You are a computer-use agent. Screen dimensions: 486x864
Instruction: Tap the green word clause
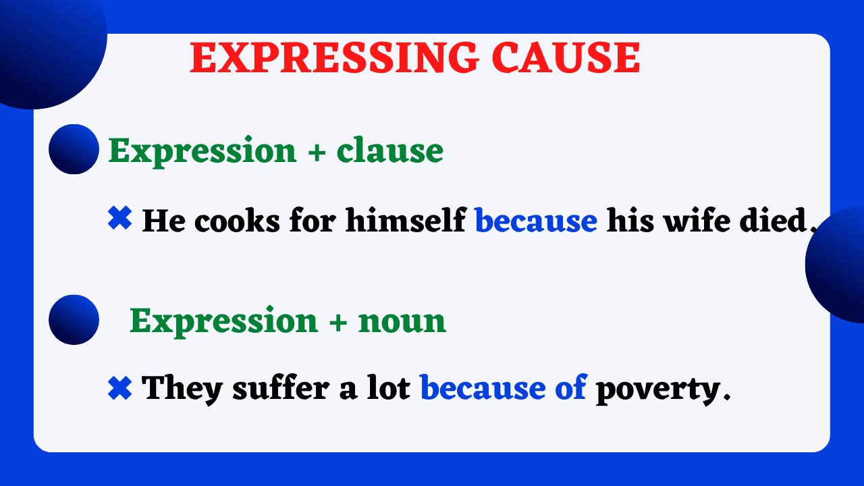[x=390, y=150]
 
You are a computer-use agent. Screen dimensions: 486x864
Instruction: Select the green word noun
[x=402, y=320]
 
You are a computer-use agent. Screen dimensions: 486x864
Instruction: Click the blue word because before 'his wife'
[x=536, y=220]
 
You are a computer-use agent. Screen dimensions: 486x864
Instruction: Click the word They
[x=183, y=388]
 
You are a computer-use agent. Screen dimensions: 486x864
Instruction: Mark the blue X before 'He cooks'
[x=119, y=219]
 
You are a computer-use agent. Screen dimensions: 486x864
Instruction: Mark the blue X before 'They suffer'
[x=119, y=387]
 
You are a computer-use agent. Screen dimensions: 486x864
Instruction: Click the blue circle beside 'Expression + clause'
[x=74, y=149]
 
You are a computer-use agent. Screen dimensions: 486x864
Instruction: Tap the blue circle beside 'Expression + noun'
[x=74, y=320]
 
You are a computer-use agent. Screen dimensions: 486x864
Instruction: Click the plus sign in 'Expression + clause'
[x=316, y=151]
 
